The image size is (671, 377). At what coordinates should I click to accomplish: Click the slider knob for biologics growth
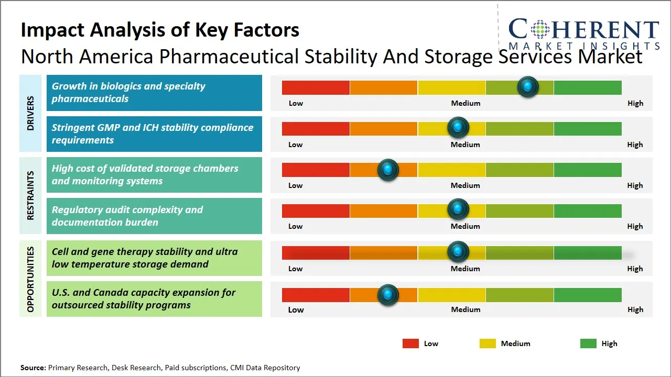[x=527, y=87]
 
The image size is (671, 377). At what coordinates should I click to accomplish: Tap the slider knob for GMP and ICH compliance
[x=458, y=128]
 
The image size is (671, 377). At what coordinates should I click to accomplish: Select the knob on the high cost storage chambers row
[x=388, y=170]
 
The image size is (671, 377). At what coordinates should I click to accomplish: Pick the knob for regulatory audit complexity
[x=458, y=209]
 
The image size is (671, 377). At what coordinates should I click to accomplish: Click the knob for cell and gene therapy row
[x=458, y=252]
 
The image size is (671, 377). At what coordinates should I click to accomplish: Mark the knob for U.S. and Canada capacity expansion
[x=388, y=295]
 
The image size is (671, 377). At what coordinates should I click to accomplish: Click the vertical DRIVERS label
[x=30, y=113]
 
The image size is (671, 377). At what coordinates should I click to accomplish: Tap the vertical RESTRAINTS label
[x=30, y=195]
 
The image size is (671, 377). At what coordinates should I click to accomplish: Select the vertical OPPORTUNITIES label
[x=30, y=279]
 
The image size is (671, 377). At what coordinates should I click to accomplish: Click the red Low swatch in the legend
[x=410, y=343]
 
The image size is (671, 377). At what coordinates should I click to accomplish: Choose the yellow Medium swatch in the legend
[x=488, y=343]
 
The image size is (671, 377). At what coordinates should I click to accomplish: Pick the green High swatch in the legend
[x=588, y=343]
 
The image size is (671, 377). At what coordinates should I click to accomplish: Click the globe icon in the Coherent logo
[x=539, y=29]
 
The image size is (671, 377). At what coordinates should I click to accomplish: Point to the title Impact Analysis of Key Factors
[x=160, y=30]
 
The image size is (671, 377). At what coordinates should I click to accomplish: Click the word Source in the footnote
[x=33, y=368]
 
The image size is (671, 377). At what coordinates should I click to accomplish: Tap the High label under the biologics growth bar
[x=635, y=103]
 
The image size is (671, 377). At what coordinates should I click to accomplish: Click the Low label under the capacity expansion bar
[x=296, y=309]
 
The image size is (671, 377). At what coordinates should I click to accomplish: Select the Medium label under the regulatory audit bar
[x=465, y=226]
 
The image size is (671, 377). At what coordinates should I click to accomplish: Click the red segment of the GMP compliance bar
[x=316, y=128]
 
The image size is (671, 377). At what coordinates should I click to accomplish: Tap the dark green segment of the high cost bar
[x=587, y=170]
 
